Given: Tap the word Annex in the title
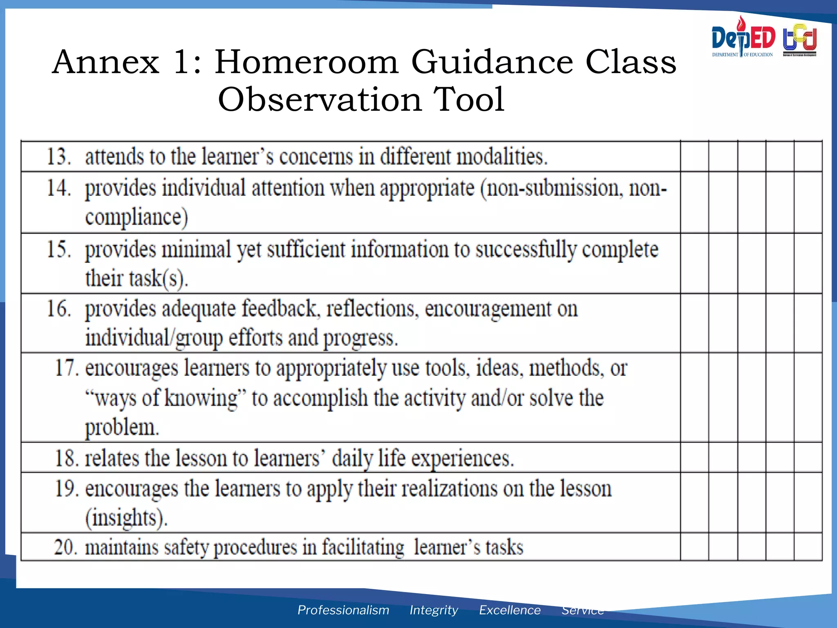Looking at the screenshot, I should click(105, 62).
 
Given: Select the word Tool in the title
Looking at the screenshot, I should click(469, 99).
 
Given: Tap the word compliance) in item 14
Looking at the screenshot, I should click(137, 217).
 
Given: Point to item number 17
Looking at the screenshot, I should click(67, 368).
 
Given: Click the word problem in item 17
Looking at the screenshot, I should click(122, 428).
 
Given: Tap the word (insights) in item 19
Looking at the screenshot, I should click(126, 518).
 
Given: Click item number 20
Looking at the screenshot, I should click(65, 547).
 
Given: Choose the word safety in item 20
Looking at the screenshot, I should click(186, 547).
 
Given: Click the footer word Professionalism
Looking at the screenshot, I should click(343, 610).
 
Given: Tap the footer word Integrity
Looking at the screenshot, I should click(434, 610).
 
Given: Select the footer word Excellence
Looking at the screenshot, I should click(510, 610).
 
